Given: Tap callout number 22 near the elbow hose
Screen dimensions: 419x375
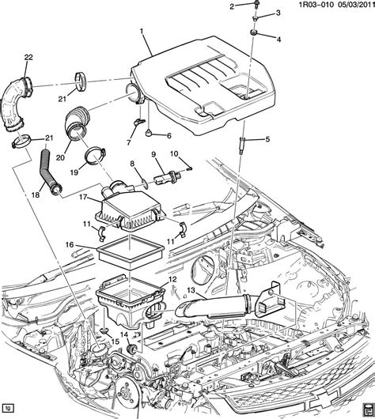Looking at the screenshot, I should (28, 57).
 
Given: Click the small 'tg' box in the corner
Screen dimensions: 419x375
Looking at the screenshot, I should (9, 410).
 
